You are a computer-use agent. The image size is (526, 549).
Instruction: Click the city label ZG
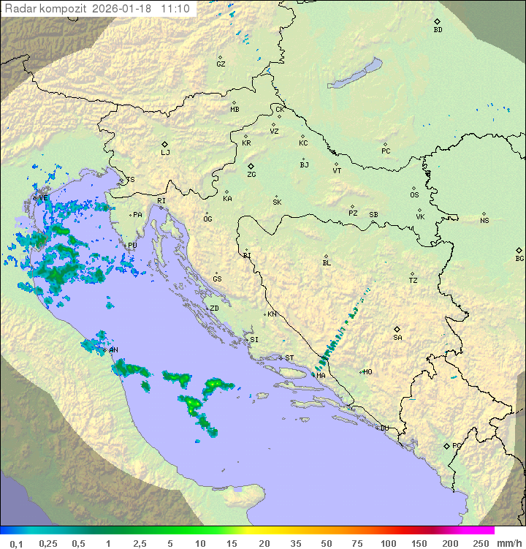tap(251, 175)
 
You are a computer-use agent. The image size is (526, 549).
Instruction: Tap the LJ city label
tap(165, 153)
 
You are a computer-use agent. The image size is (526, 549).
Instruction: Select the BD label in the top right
tap(438, 30)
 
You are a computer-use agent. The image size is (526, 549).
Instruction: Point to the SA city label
tap(397, 338)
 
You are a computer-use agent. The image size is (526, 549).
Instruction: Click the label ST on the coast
tap(289, 358)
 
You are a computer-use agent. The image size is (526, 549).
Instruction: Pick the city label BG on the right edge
tap(519, 259)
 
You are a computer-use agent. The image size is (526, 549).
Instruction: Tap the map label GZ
tap(221, 64)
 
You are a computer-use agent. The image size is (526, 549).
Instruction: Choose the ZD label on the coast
tap(214, 308)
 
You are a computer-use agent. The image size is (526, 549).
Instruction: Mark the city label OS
tap(414, 195)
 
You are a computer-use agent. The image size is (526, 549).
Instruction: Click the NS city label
tap(484, 221)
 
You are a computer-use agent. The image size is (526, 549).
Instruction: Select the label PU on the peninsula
tap(132, 246)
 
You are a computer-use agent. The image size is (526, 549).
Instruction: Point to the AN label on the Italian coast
tap(114, 350)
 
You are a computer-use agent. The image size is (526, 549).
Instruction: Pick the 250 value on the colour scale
tap(480, 543)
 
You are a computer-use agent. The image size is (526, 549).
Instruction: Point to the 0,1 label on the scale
tap(17, 543)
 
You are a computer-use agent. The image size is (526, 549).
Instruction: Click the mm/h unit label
tap(507, 543)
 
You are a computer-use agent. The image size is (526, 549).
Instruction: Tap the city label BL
tap(327, 263)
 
